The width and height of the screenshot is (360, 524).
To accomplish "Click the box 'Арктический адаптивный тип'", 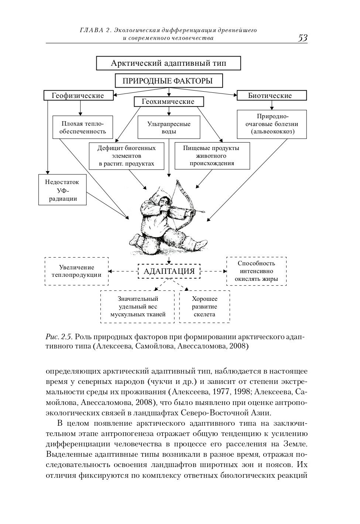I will click(168, 63).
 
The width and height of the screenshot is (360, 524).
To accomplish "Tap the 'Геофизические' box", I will click(78, 95).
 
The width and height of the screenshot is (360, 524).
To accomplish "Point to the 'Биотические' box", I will click(272, 95).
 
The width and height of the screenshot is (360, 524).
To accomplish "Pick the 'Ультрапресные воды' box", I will click(169, 127).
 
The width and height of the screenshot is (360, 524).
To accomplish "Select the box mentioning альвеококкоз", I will click(272, 124).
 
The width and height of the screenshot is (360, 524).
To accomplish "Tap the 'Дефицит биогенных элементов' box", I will click(126, 156).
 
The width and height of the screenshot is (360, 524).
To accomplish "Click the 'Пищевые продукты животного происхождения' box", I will click(212, 156).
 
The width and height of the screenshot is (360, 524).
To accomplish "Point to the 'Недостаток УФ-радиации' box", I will click(62, 190).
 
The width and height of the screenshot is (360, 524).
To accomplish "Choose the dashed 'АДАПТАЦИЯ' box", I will click(169, 271).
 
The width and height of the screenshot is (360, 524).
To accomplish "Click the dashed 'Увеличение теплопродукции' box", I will click(77, 271).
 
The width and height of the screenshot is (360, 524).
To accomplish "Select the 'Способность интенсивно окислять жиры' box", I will click(256, 271).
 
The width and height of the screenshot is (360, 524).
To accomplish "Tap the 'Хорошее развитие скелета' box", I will click(205, 307).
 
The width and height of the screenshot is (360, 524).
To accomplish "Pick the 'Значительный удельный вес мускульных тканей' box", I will click(137, 307).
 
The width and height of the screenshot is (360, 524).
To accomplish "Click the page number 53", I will click(302, 38).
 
